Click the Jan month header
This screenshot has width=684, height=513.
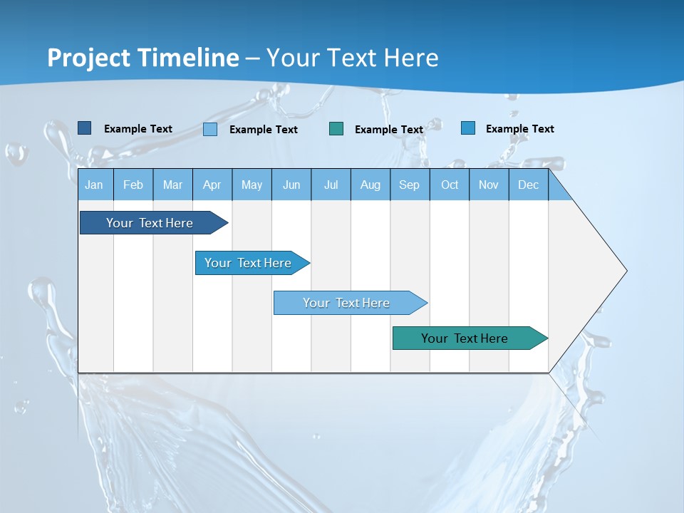click(x=94, y=185)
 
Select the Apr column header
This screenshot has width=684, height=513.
click(x=212, y=185)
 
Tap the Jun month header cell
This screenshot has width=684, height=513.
click(x=291, y=185)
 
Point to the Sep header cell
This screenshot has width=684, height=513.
click(x=409, y=185)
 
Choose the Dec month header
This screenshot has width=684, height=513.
click(x=528, y=185)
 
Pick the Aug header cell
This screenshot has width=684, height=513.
click(x=370, y=185)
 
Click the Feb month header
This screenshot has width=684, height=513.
click(x=133, y=185)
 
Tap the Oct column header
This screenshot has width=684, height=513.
click(x=449, y=185)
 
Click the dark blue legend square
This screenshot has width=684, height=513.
click(x=84, y=128)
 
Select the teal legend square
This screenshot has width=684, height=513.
click(x=336, y=129)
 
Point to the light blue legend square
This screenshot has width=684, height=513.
click(x=210, y=129)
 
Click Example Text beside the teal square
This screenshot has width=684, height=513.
click(x=389, y=130)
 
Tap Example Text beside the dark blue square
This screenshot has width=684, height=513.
click(x=138, y=129)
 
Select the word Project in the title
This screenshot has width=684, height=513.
click(x=90, y=58)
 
